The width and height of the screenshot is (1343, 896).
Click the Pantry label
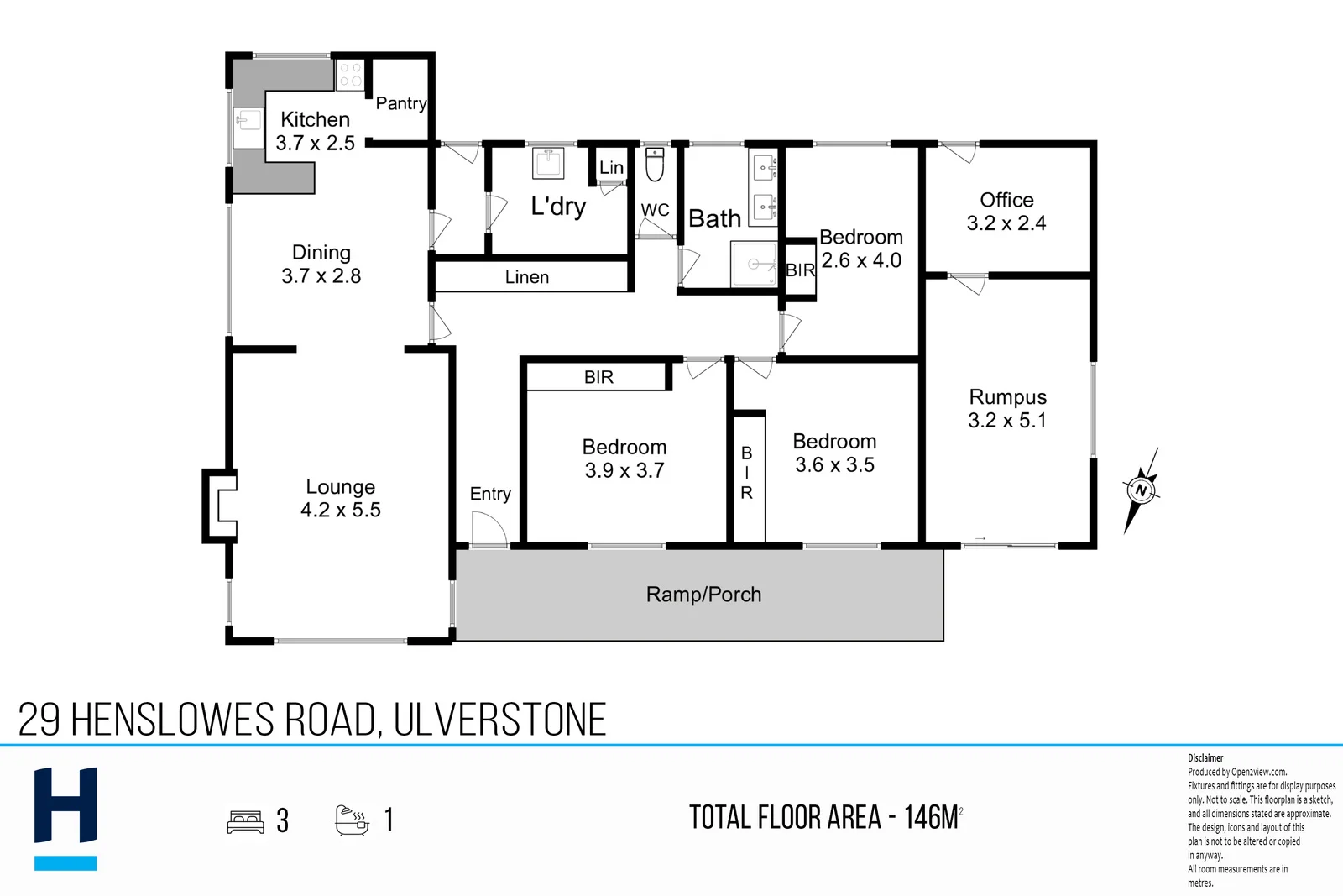click(401, 104)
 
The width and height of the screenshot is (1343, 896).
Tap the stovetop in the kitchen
click(350, 76)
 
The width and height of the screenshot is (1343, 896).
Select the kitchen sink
click(248, 128)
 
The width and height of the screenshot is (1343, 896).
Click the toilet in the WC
click(655, 165)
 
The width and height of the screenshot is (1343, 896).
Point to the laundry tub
click(548, 163)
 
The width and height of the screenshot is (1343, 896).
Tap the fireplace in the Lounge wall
click(219, 506)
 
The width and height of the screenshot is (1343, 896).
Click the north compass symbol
click(1141, 490)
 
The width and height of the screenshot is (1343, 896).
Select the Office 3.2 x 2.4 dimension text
click(1006, 223)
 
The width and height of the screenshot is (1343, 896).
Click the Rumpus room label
click(1008, 397)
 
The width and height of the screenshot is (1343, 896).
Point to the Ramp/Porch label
click(704, 595)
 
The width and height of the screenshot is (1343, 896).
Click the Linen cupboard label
click(527, 277)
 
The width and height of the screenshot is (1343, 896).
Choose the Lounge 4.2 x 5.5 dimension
click(341, 510)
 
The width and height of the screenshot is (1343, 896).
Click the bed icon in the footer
click(245, 821)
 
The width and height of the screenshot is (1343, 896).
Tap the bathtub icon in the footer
click(352, 820)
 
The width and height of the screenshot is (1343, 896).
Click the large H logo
click(65, 819)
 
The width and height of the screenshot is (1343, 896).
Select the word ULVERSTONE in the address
click(500, 720)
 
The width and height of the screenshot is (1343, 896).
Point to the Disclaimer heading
click(1205, 758)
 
